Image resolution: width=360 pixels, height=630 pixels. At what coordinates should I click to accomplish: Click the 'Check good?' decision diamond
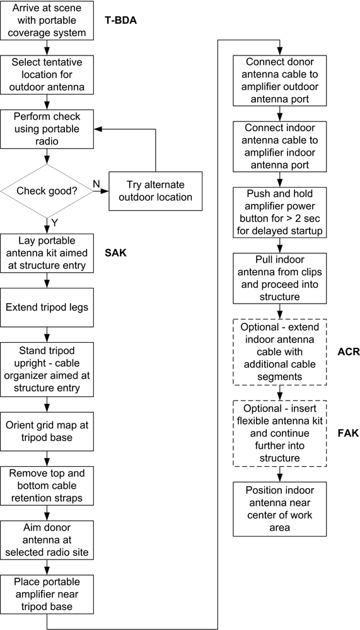tap(47, 191)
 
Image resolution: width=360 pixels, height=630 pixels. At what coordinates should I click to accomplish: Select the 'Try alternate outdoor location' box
tap(155, 192)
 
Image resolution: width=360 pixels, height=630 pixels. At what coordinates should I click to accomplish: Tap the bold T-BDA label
tap(121, 20)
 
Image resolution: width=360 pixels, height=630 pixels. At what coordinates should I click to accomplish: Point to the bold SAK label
tap(115, 253)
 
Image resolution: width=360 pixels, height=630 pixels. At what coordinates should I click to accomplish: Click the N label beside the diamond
tap(97, 183)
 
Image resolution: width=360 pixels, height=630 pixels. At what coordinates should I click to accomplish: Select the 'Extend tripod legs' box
tap(47, 307)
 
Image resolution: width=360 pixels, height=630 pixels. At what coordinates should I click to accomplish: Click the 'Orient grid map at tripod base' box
tap(47, 431)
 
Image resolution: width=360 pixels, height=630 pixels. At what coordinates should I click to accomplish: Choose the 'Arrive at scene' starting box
tap(47, 20)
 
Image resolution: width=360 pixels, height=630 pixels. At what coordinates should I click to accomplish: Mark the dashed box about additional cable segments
tap(280, 352)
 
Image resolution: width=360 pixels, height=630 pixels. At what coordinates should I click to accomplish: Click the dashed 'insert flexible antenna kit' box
tap(280, 433)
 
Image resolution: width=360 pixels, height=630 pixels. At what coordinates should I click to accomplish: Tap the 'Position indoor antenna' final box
tap(280, 509)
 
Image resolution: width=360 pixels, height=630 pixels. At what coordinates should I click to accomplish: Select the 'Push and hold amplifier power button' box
tap(280, 213)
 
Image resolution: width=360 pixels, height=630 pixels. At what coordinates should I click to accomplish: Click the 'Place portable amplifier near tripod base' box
tap(47, 594)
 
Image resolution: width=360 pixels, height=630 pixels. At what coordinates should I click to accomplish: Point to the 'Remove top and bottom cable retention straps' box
tap(47, 486)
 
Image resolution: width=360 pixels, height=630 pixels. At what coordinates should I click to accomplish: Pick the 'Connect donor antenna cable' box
tap(280, 81)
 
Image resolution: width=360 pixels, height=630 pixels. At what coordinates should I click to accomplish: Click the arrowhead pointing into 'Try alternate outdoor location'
tap(105, 192)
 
